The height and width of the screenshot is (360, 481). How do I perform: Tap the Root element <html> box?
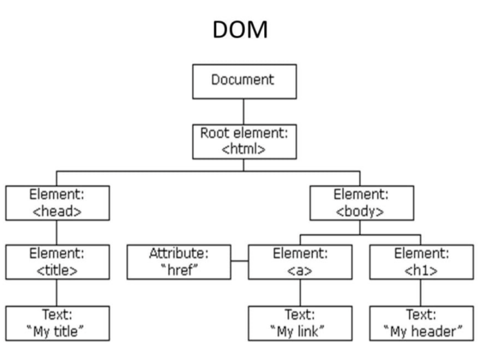244,141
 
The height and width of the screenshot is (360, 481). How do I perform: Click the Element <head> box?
57,203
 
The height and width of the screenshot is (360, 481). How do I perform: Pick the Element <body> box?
361,203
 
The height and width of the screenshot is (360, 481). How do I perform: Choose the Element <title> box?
57,262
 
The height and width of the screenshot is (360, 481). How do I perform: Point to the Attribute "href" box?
178,262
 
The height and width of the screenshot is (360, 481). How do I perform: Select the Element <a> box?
300,262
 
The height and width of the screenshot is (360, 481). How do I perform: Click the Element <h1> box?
421,262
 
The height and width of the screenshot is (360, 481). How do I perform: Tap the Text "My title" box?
57,323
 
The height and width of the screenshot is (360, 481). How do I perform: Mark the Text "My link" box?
300,323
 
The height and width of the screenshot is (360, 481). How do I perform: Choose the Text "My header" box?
421,323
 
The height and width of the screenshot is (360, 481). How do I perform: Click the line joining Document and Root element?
244,111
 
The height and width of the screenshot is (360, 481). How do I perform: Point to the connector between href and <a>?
240,261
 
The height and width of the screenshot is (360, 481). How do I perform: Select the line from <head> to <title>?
57,232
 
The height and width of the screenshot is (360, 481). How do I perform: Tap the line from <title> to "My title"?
57,293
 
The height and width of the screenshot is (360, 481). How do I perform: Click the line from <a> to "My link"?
300,293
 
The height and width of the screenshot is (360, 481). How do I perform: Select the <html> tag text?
244,149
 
